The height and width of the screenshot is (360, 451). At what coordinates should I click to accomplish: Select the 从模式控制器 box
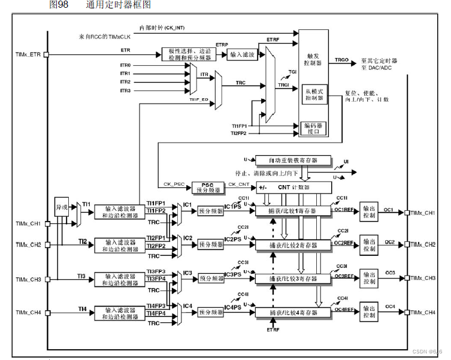pos(314,94)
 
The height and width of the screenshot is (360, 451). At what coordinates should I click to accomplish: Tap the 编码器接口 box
pos(314,128)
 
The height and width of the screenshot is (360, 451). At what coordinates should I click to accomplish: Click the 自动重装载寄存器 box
pos(293,161)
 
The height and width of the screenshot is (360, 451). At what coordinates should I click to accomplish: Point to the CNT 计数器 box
pos(293,188)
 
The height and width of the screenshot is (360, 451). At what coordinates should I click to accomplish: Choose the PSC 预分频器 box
pos(207,188)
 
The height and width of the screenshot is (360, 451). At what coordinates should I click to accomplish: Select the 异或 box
pos(62,204)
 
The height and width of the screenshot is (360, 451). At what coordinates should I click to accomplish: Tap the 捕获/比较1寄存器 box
pos(293,211)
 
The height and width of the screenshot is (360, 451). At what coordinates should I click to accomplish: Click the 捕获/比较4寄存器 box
pos(293,313)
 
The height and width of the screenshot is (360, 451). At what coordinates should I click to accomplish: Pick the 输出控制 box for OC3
pos(370,279)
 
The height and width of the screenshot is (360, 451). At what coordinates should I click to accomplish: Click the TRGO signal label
pos(341,60)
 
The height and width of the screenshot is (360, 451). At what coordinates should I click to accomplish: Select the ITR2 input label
pos(125,82)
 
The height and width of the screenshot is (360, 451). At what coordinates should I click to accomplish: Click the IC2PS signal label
pos(233,240)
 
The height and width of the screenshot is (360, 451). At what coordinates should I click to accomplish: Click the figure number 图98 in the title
pos(58,5)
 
